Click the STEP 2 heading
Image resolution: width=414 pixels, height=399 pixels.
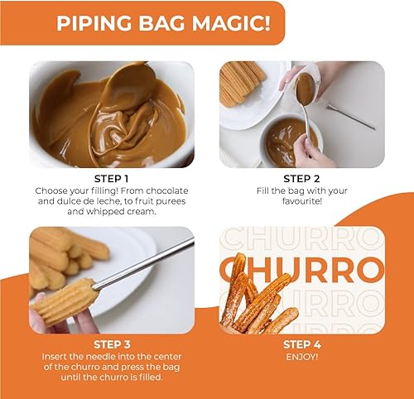click(301, 178)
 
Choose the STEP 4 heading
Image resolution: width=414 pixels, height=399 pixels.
click(301, 344)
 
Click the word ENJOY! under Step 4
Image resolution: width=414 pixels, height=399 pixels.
click(301, 357)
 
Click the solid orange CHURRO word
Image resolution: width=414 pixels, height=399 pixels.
click(301, 270)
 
